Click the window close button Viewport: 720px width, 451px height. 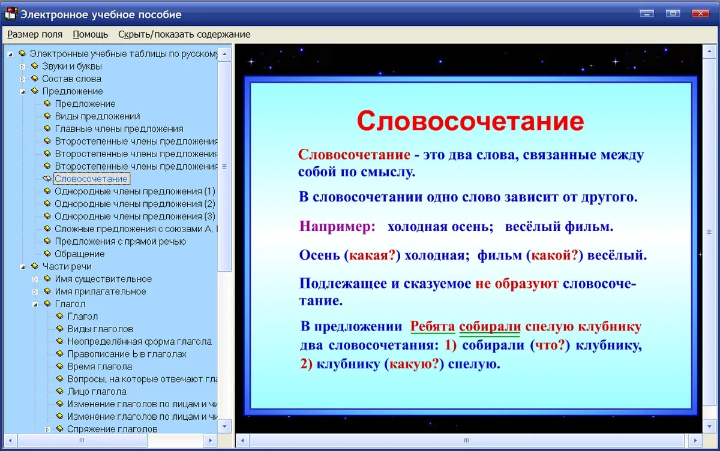click(x=700, y=13)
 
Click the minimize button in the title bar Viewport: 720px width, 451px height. click(x=647, y=13)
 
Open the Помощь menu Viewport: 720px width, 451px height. click(x=91, y=34)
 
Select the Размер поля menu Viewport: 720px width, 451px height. click(x=35, y=34)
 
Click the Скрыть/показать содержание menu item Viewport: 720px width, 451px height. click(x=184, y=34)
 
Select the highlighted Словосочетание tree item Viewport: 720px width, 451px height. click(x=91, y=179)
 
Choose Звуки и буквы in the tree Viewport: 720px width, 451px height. click(x=72, y=66)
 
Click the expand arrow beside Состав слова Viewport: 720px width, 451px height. click(x=23, y=79)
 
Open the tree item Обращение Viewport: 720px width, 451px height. click(x=80, y=254)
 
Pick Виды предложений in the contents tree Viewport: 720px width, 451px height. click(x=97, y=116)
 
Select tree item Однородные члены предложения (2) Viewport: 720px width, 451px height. click(x=135, y=204)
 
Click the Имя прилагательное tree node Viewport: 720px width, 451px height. click(x=101, y=291)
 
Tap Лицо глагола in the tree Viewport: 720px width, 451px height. click(x=97, y=392)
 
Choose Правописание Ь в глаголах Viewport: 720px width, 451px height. click(x=127, y=354)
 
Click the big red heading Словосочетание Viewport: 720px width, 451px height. click(x=470, y=121)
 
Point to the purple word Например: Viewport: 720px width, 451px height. click(x=337, y=226)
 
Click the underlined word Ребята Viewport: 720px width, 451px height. click(x=433, y=326)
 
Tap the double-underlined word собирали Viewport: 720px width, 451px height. click(x=490, y=327)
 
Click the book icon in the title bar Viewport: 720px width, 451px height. click(x=10, y=14)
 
